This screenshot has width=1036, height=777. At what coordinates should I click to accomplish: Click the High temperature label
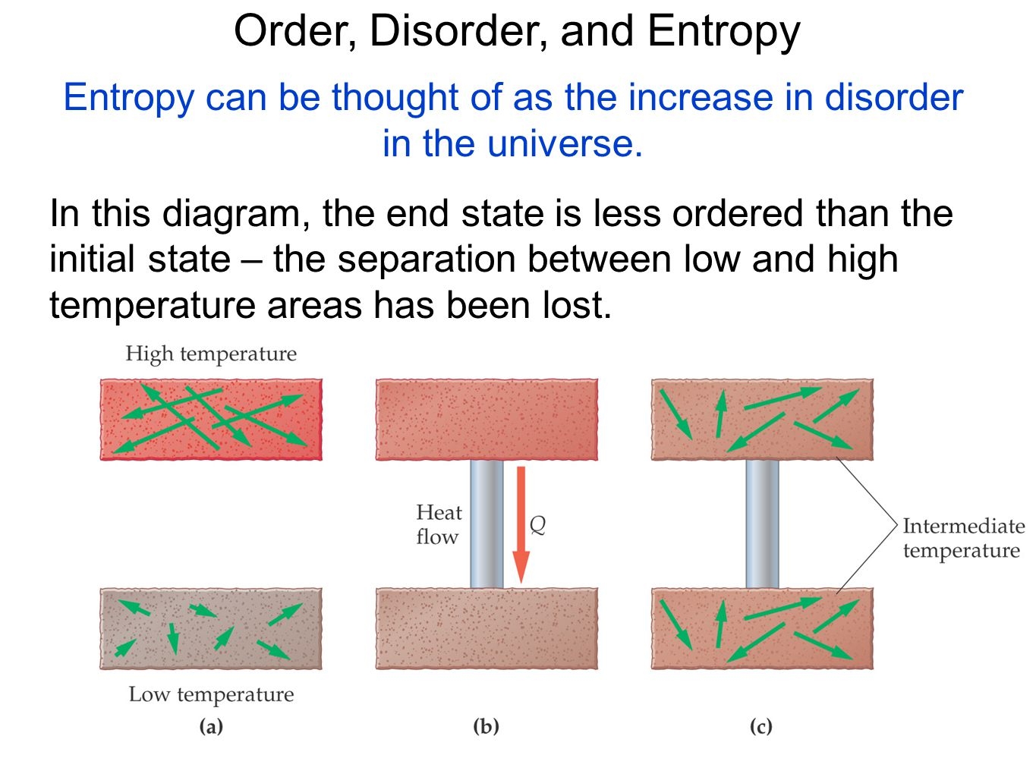click(211, 354)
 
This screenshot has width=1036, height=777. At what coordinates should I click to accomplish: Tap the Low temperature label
click(212, 694)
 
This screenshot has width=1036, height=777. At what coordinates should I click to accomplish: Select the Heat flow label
click(439, 524)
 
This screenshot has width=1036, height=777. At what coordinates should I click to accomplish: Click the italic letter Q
click(537, 524)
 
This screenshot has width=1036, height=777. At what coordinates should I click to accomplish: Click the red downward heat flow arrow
click(521, 524)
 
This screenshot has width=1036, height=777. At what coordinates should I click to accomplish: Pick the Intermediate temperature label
click(963, 538)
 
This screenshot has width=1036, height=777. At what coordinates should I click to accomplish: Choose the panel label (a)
click(211, 726)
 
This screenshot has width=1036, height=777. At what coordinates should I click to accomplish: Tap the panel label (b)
click(486, 726)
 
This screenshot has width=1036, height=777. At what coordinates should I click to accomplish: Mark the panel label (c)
click(760, 726)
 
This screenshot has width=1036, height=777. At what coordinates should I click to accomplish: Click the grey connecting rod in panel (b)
click(487, 524)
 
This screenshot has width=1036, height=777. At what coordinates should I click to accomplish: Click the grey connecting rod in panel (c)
click(762, 524)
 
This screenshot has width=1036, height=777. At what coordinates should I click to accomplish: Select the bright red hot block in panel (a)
click(211, 420)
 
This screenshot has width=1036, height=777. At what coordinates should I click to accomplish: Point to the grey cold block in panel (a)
click(211, 628)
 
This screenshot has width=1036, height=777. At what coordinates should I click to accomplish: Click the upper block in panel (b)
click(487, 420)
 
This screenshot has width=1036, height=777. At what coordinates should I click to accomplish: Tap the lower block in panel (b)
click(487, 628)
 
